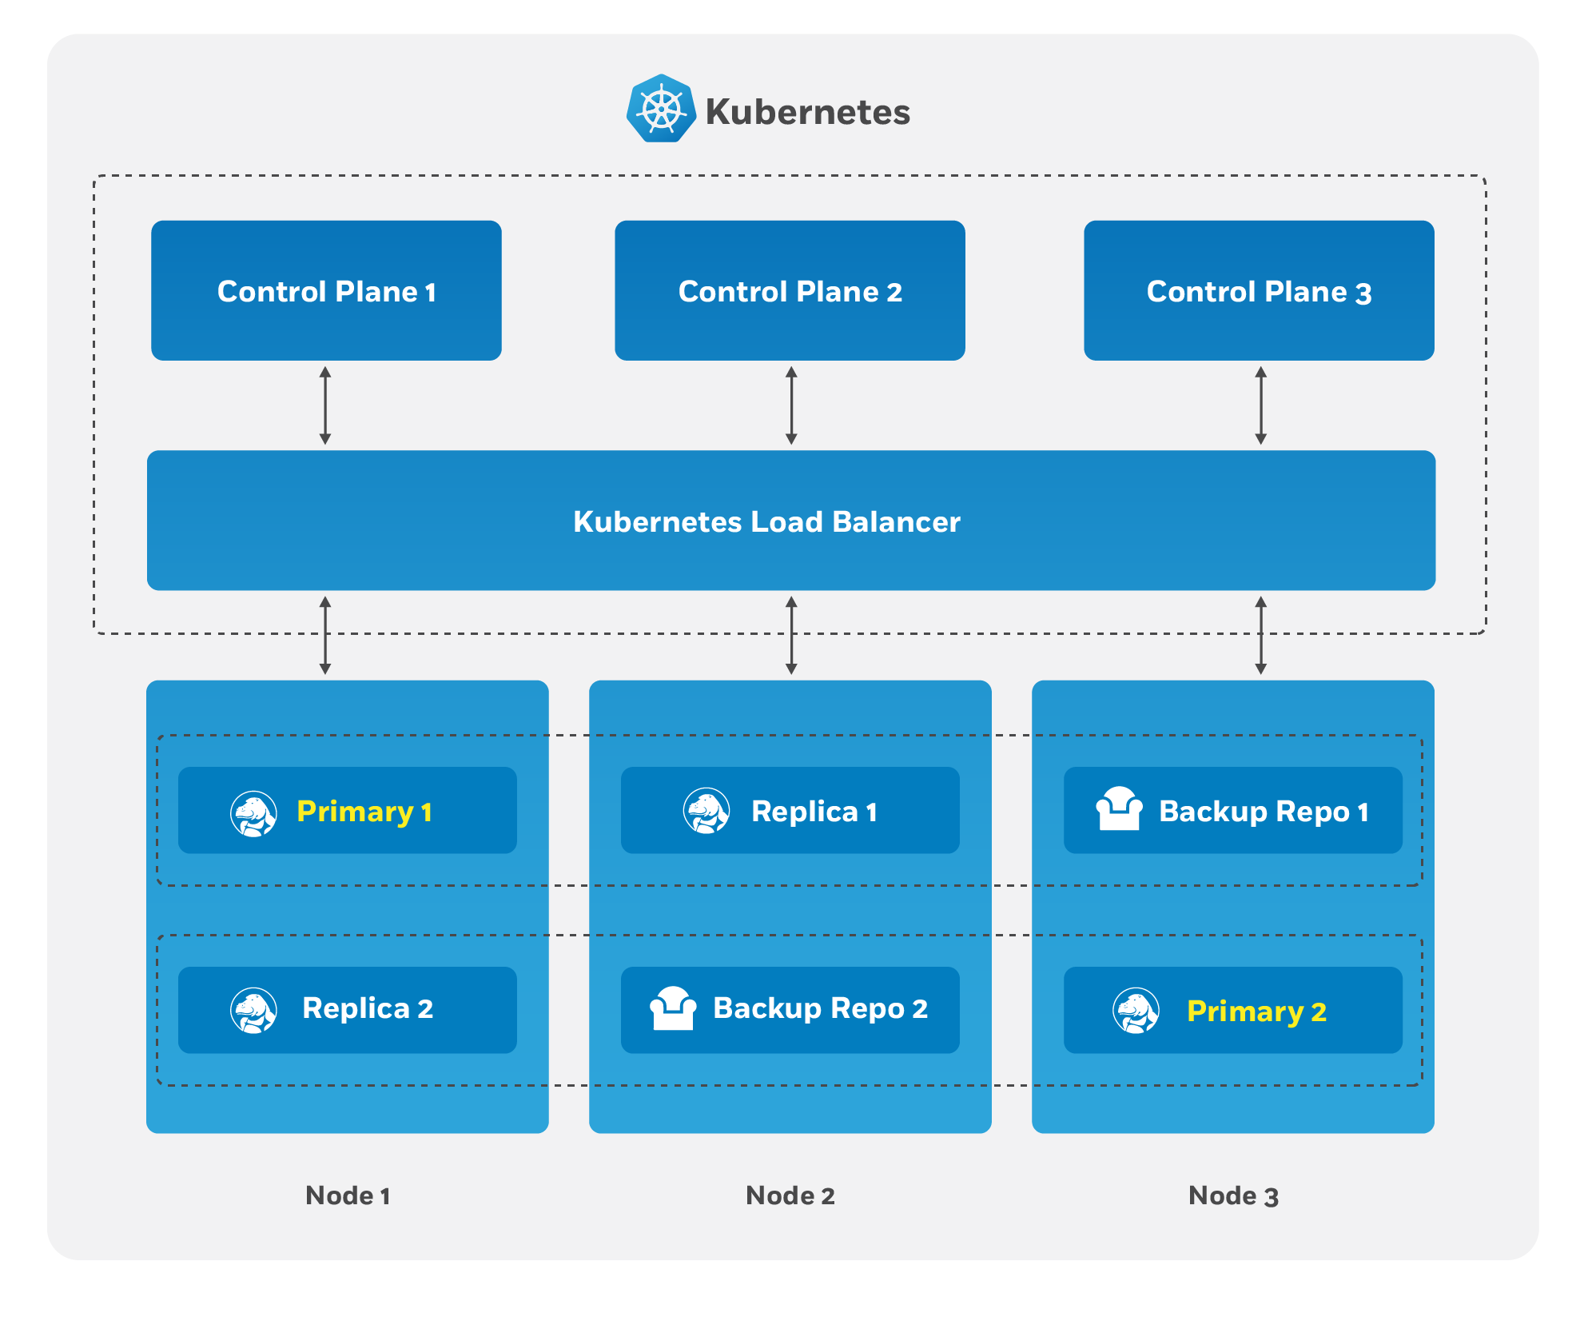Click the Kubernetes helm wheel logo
(x=661, y=110)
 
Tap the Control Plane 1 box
(x=326, y=291)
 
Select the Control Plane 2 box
(x=790, y=291)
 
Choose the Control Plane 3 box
(x=1259, y=291)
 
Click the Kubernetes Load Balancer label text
(x=766, y=522)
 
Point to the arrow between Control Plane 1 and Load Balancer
(x=325, y=405)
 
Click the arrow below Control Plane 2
(x=791, y=405)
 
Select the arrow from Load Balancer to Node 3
(x=1260, y=635)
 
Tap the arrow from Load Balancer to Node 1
(x=325, y=635)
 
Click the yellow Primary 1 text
(x=364, y=812)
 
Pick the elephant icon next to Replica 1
(x=706, y=811)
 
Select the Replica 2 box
(x=348, y=1009)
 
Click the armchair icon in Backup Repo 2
(x=673, y=1008)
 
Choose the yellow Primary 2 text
(x=1256, y=1012)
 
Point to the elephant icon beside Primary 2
(x=1136, y=1011)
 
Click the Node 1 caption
(x=348, y=1195)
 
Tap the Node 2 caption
(x=790, y=1195)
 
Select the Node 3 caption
(x=1233, y=1195)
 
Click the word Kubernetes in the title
(x=807, y=112)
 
